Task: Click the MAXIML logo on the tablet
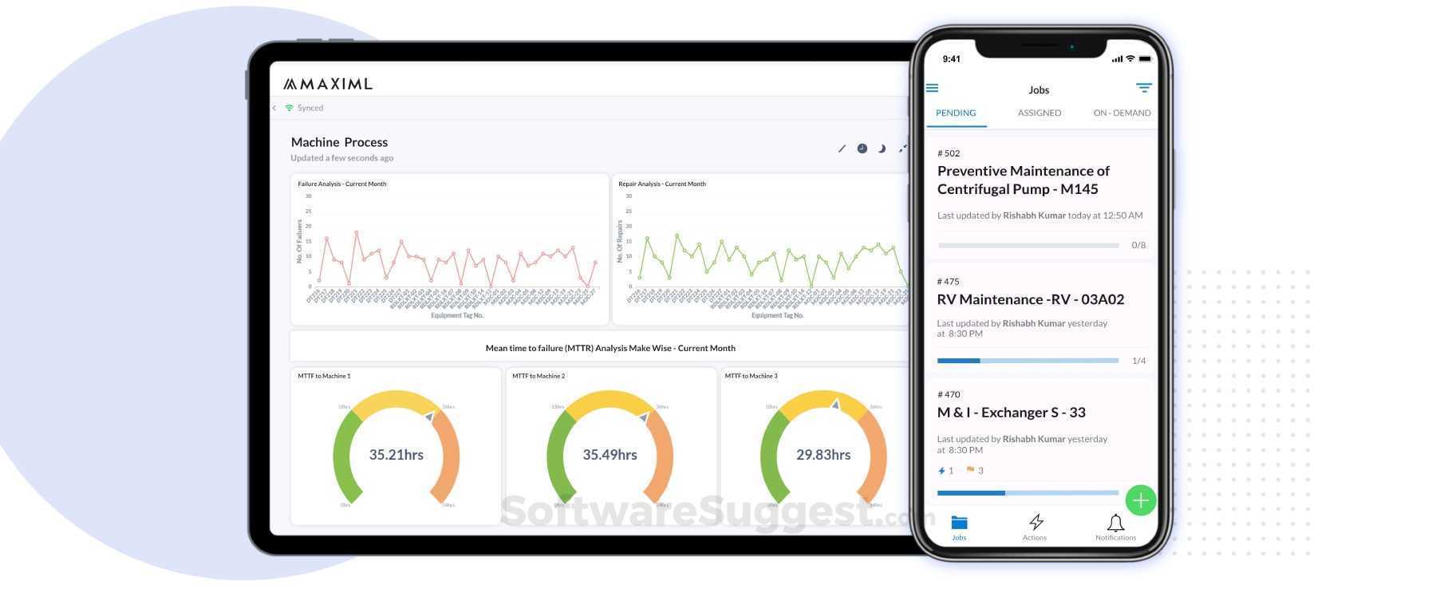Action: coord(328,84)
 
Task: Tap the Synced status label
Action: coord(310,108)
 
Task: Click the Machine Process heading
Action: coord(339,142)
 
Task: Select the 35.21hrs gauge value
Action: coord(396,455)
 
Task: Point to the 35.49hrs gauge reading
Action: coord(610,455)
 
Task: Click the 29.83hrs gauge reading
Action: coord(823,455)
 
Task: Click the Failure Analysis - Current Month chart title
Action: coord(341,184)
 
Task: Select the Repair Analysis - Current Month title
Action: coord(661,184)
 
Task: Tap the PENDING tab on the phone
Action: coord(956,113)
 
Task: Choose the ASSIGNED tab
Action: coord(1039,113)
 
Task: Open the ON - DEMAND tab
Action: coord(1122,113)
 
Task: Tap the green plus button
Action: coord(1140,500)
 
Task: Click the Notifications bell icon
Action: coord(1115,523)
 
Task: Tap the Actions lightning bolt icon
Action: coord(1036,522)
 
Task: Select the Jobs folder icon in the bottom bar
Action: coord(959,523)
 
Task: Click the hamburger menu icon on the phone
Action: coord(932,89)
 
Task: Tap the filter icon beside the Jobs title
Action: coord(1143,88)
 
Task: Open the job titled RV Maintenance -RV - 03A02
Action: coord(1030,299)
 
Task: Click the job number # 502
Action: coord(949,153)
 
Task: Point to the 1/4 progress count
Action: coord(1138,361)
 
